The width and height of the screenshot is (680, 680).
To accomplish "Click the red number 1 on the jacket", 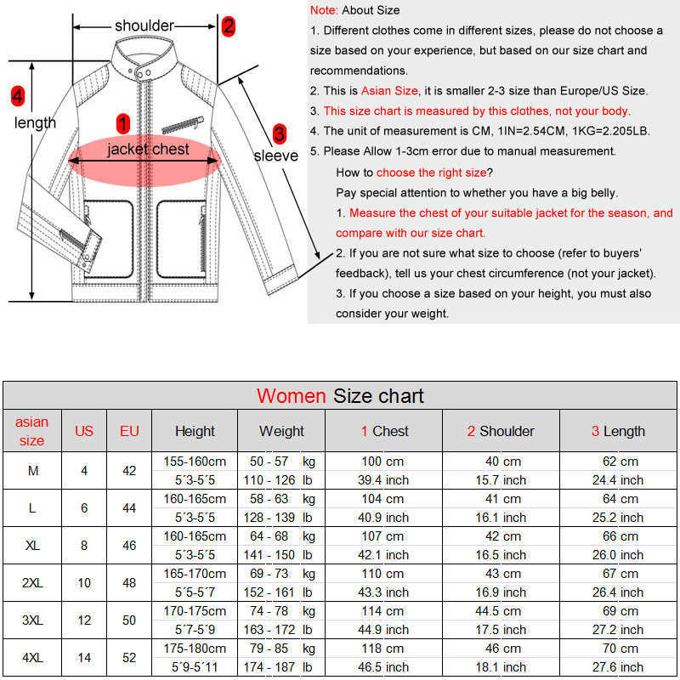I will [122, 124].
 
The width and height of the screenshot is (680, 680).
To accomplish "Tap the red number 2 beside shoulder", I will [228, 26].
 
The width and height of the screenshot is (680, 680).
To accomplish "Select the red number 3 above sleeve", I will [279, 134].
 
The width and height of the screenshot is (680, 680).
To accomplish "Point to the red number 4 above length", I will [17, 95].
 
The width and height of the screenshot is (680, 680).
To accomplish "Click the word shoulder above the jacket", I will [144, 26].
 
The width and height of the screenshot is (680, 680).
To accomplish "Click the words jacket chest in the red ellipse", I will [148, 150].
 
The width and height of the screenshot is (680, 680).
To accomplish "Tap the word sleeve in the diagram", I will [276, 156].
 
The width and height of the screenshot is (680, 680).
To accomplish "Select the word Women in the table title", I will [291, 396].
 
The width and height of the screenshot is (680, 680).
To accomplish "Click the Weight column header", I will [281, 431].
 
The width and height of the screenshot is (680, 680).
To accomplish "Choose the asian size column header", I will [31, 431].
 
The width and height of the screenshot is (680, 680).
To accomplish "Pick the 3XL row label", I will [31, 620].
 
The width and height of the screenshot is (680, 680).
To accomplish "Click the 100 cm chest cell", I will [383, 462].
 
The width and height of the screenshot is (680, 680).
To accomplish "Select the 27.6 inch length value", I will [618, 667].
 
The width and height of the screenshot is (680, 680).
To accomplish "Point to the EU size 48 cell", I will [129, 583].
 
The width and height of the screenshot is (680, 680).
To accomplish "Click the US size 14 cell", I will [84, 658].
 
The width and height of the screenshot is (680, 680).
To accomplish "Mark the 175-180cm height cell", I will [195, 649].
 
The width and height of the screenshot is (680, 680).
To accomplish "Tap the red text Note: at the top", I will [323, 10].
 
